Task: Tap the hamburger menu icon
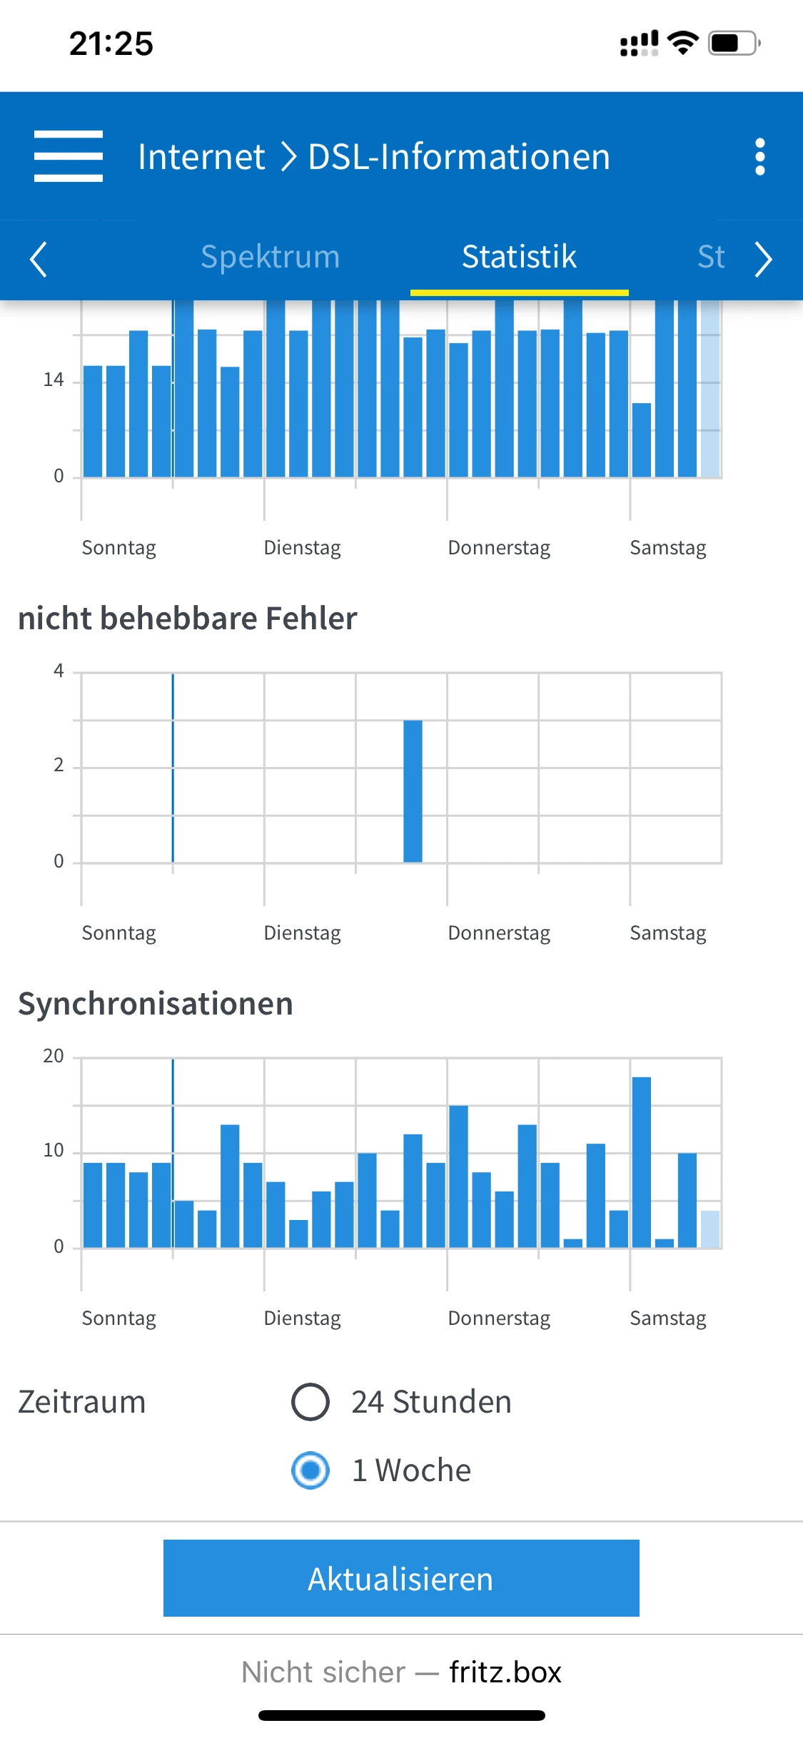(x=69, y=156)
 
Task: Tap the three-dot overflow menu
(x=759, y=156)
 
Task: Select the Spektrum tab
(x=270, y=257)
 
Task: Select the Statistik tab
(x=519, y=257)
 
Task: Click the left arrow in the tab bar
(x=39, y=259)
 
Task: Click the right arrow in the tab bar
(x=763, y=259)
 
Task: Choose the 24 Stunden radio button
(x=310, y=1402)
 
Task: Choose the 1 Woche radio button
(x=310, y=1470)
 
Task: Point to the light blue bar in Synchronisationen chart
(x=709, y=1229)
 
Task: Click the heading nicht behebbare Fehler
(x=188, y=619)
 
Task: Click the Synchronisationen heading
(x=156, y=1004)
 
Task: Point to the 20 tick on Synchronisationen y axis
(x=54, y=1056)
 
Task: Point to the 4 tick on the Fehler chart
(x=59, y=671)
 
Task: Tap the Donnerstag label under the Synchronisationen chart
(x=499, y=1318)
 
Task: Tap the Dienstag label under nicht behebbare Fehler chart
(x=302, y=932)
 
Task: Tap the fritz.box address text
(x=505, y=1672)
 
